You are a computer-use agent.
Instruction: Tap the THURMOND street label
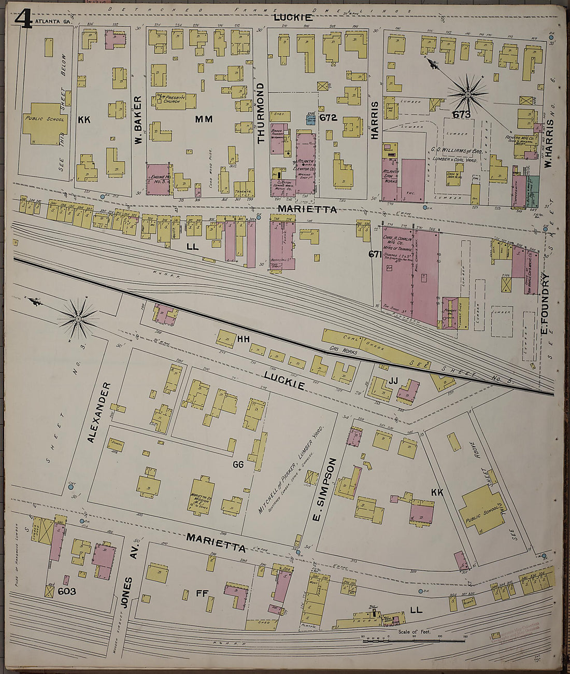point(261,119)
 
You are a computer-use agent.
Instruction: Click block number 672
point(328,118)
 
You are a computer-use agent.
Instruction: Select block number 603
point(67,591)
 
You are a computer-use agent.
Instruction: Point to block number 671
point(375,254)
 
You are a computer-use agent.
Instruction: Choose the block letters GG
point(238,465)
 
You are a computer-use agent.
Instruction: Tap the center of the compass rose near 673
point(468,94)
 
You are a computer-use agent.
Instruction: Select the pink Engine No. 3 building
point(159,179)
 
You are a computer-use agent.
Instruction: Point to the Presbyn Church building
point(176,101)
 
